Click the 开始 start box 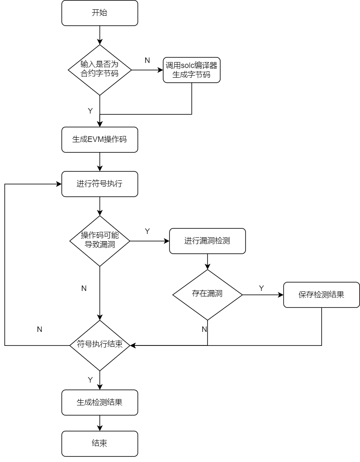pyautogui.click(x=100, y=13)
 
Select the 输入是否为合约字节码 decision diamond pyautogui.click(x=100, y=70)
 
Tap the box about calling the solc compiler pyautogui.click(x=191, y=70)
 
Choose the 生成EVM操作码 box pyautogui.click(x=100, y=139)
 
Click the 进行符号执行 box pyautogui.click(x=100, y=184)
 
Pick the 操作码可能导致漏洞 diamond pyautogui.click(x=100, y=241)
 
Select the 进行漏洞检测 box pyautogui.click(x=207, y=241)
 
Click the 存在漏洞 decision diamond pyautogui.click(x=207, y=294)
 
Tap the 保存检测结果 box pyautogui.click(x=321, y=295)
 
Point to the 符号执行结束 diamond pyautogui.click(x=100, y=345)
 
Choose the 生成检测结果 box pyautogui.click(x=100, y=402)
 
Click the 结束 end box pyautogui.click(x=100, y=443)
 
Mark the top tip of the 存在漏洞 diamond pyautogui.click(x=207, y=271)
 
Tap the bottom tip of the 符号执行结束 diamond pyautogui.click(x=100, y=370)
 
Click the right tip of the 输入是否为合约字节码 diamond pyautogui.click(x=130, y=70)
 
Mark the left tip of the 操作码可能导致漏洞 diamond pyautogui.click(x=71, y=241)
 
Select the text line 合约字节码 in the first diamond pyautogui.click(x=100, y=74)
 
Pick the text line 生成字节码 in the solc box pyautogui.click(x=191, y=75)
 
